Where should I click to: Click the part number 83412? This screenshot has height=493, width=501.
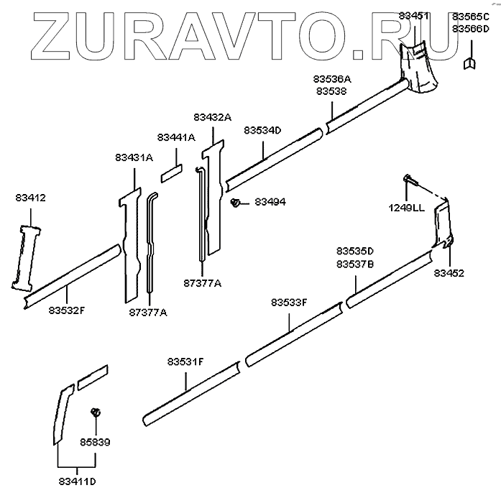click(29, 197)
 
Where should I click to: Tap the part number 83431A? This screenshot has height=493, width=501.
click(134, 157)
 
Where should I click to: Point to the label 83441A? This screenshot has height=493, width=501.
click(176, 137)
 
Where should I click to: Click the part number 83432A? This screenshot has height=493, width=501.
click(212, 116)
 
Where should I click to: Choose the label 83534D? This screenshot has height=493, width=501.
click(262, 130)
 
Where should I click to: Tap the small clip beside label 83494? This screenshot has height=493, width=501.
click(235, 203)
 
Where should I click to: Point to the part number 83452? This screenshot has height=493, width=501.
click(449, 273)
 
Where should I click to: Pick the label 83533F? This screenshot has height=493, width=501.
click(290, 303)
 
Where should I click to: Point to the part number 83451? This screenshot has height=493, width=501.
click(418, 16)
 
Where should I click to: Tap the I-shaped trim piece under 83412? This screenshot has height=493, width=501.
click(26, 256)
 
